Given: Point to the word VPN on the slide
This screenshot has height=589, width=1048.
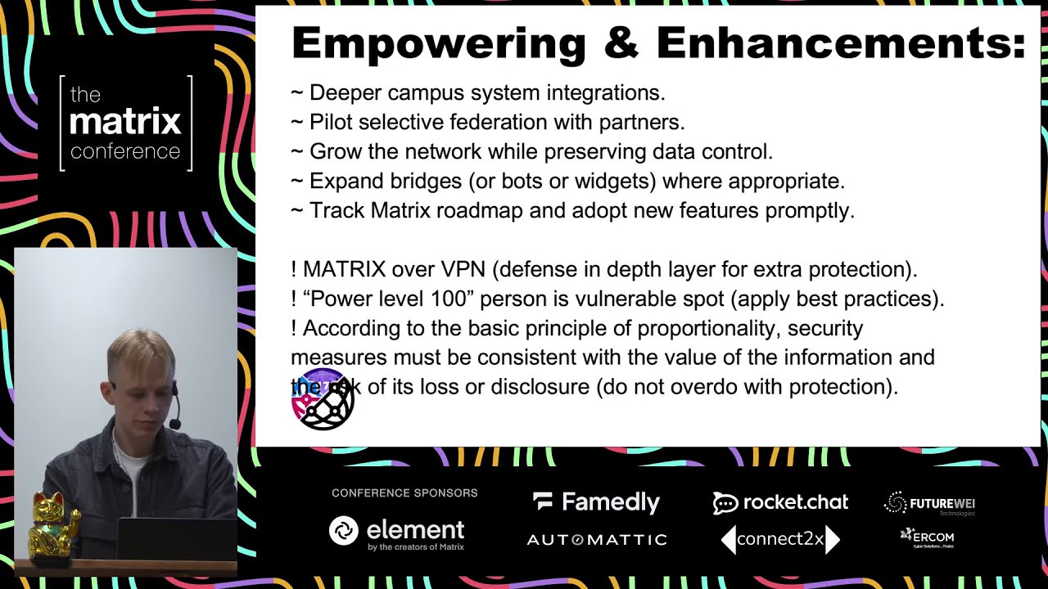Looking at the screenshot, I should (x=464, y=269).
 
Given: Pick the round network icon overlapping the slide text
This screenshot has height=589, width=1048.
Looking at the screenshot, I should (x=323, y=399).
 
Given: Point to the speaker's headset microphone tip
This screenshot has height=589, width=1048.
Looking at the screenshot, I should (x=174, y=424).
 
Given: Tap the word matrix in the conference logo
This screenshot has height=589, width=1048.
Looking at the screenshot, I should (x=125, y=122).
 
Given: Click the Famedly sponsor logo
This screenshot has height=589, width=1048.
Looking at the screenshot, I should (x=596, y=502).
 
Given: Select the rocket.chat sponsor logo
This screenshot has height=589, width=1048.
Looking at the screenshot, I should (x=780, y=502).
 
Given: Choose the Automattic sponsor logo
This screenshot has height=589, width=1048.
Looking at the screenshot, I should (x=596, y=540).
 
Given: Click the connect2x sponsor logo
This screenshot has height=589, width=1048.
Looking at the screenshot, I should (x=780, y=539).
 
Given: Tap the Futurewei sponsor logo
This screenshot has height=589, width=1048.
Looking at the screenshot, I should (x=930, y=504).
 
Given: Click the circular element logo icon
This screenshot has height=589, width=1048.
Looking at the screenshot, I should (x=344, y=531).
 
